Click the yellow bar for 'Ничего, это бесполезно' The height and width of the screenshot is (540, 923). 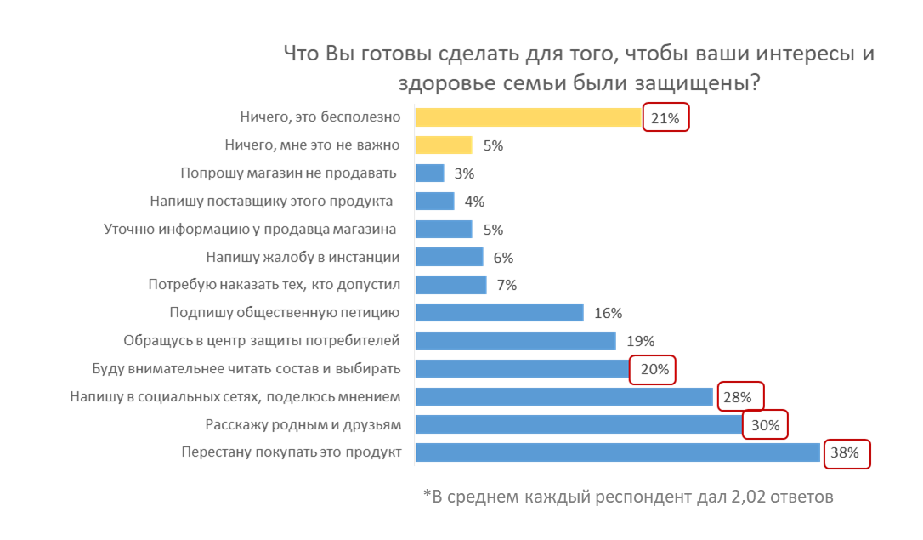pos(527,117)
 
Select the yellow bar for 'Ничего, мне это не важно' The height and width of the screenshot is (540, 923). pos(443,145)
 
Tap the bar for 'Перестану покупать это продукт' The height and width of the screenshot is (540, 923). pos(617,452)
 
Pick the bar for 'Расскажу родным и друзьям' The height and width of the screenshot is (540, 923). pos(579,424)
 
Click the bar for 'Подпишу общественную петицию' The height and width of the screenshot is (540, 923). pos(499,313)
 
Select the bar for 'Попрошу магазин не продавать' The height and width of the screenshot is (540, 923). pos(429,173)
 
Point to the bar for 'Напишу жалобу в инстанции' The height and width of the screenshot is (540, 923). pos(449,257)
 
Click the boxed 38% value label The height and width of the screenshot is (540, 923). pos(847,453)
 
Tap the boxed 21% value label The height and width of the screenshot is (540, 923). pos(665,118)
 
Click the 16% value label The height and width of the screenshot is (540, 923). pos(609,313)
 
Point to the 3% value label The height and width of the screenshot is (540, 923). pos(464,173)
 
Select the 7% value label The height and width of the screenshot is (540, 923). pos(507,285)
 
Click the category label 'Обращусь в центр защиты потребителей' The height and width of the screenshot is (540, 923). pos(261,341)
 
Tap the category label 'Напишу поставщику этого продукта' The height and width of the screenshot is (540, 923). pos(271,202)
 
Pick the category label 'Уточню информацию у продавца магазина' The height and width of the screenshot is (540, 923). pos(251,230)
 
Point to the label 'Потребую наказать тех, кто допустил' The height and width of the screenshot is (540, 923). pos(274,285)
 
